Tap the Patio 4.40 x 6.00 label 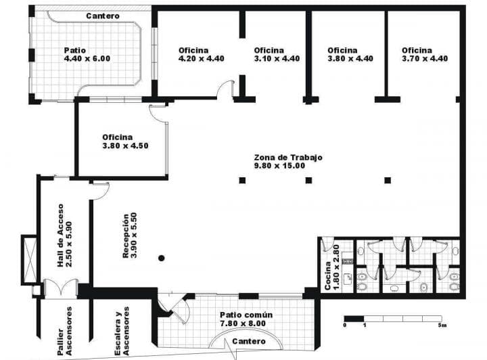(x=87, y=54)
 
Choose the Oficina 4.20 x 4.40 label (x=201, y=54)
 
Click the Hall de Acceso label (x=65, y=235)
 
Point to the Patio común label (x=246, y=319)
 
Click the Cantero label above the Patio (x=103, y=16)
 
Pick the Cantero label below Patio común (x=248, y=342)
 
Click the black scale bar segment (x=354, y=319)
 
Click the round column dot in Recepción (x=161, y=258)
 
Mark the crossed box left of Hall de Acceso (x=29, y=259)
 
